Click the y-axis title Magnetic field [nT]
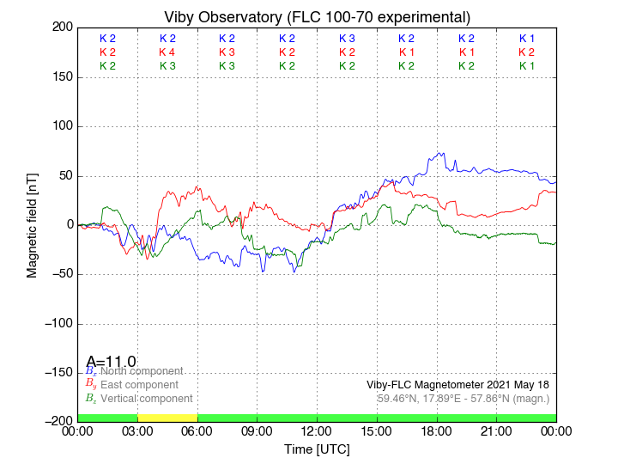32,224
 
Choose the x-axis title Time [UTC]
318,449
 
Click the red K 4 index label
167,52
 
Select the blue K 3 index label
347,39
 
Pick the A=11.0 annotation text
111,362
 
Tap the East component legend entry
139,385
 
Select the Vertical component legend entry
146,399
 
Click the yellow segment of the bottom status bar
167,418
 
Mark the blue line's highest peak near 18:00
442,153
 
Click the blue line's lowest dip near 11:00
294,272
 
